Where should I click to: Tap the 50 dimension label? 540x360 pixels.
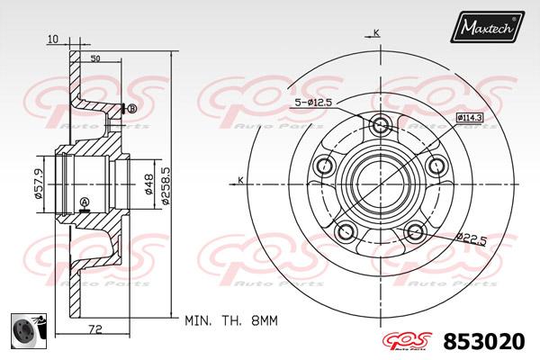pyautogui.click(x=94, y=58)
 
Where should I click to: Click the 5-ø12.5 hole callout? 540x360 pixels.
pyautogui.click(x=311, y=103)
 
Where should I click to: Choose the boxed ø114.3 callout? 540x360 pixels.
pyautogui.click(x=470, y=118)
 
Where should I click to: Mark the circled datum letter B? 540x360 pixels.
pyautogui.click(x=131, y=109)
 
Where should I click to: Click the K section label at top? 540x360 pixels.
pyautogui.click(x=375, y=32)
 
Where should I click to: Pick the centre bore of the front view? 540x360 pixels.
pyautogui.click(x=379, y=181)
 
